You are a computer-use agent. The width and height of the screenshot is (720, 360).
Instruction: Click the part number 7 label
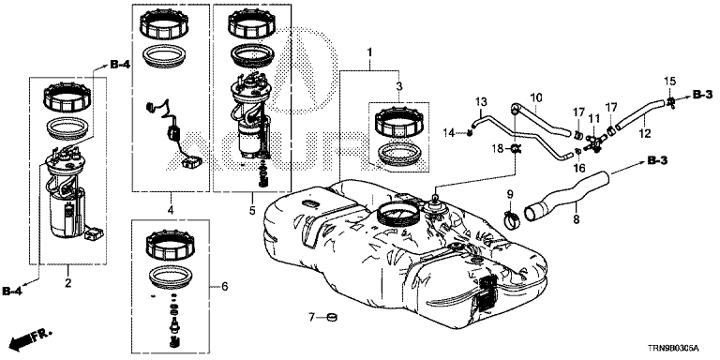(311, 317)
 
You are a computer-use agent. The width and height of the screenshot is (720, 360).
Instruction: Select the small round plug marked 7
(331, 317)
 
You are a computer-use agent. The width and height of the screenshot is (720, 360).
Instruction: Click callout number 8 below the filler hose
(577, 220)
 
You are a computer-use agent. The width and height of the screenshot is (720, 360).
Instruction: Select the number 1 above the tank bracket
(369, 52)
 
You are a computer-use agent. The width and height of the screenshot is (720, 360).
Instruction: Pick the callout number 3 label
(399, 86)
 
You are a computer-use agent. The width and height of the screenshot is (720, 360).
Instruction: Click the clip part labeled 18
(516, 148)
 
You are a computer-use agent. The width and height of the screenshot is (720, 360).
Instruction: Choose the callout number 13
(480, 100)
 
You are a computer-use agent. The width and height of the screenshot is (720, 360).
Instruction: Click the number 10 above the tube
(536, 97)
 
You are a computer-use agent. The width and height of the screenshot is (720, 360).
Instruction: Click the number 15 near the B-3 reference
(670, 82)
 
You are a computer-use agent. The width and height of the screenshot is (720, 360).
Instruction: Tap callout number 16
(578, 168)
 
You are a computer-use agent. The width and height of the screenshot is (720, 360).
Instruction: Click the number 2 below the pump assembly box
(67, 283)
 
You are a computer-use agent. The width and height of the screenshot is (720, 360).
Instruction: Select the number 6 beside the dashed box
(224, 287)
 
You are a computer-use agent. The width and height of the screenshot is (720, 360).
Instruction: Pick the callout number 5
(252, 210)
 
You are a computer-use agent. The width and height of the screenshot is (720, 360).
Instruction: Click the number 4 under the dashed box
(171, 210)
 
